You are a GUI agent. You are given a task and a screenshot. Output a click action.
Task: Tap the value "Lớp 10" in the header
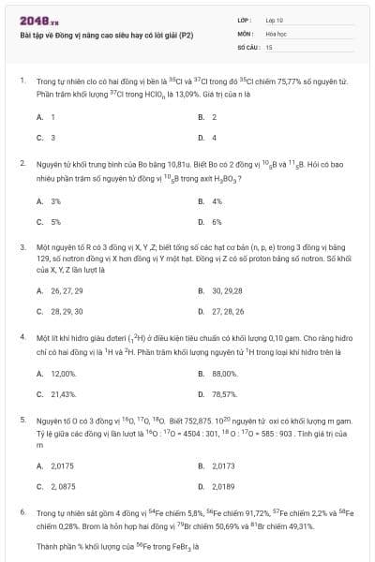point(274,19)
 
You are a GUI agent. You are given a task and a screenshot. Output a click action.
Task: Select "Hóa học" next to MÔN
point(276,32)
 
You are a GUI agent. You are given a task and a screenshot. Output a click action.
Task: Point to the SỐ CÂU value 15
point(269,45)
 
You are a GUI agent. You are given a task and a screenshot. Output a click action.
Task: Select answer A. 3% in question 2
point(50,201)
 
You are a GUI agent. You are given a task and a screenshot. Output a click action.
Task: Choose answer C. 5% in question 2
point(50,222)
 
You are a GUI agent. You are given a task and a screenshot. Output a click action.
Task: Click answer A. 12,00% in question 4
point(56,374)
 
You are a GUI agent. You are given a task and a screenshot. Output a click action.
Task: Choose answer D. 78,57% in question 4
point(218,394)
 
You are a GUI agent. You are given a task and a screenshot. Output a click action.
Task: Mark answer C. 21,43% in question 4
point(56,394)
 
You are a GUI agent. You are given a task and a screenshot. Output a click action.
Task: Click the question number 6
point(22,512)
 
